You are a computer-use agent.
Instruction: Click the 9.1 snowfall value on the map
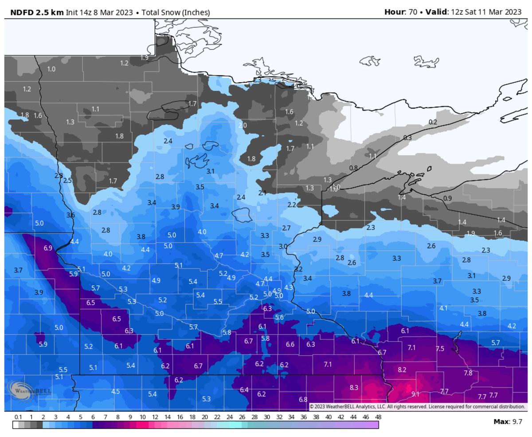(x=415, y=394)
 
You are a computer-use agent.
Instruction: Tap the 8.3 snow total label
(x=354, y=387)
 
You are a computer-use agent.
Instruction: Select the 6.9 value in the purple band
(x=48, y=248)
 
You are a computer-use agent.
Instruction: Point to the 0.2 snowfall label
(x=433, y=122)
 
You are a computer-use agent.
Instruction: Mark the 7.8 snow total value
(x=468, y=373)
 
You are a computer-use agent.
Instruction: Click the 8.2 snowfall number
(x=402, y=369)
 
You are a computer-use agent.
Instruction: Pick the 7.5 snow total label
(x=440, y=349)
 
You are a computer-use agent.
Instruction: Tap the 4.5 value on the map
(x=116, y=391)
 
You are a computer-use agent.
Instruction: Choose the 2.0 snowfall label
(x=243, y=125)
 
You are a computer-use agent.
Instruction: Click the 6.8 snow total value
(x=303, y=399)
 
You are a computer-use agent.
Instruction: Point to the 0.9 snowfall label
(x=447, y=198)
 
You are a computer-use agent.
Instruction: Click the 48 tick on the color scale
(x=378, y=417)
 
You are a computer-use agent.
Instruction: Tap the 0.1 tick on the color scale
(x=18, y=417)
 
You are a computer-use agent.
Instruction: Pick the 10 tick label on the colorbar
(x=143, y=417)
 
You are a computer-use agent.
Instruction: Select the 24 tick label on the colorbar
(x=230, y=417)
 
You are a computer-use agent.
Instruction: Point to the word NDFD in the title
(x=21, y=12)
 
